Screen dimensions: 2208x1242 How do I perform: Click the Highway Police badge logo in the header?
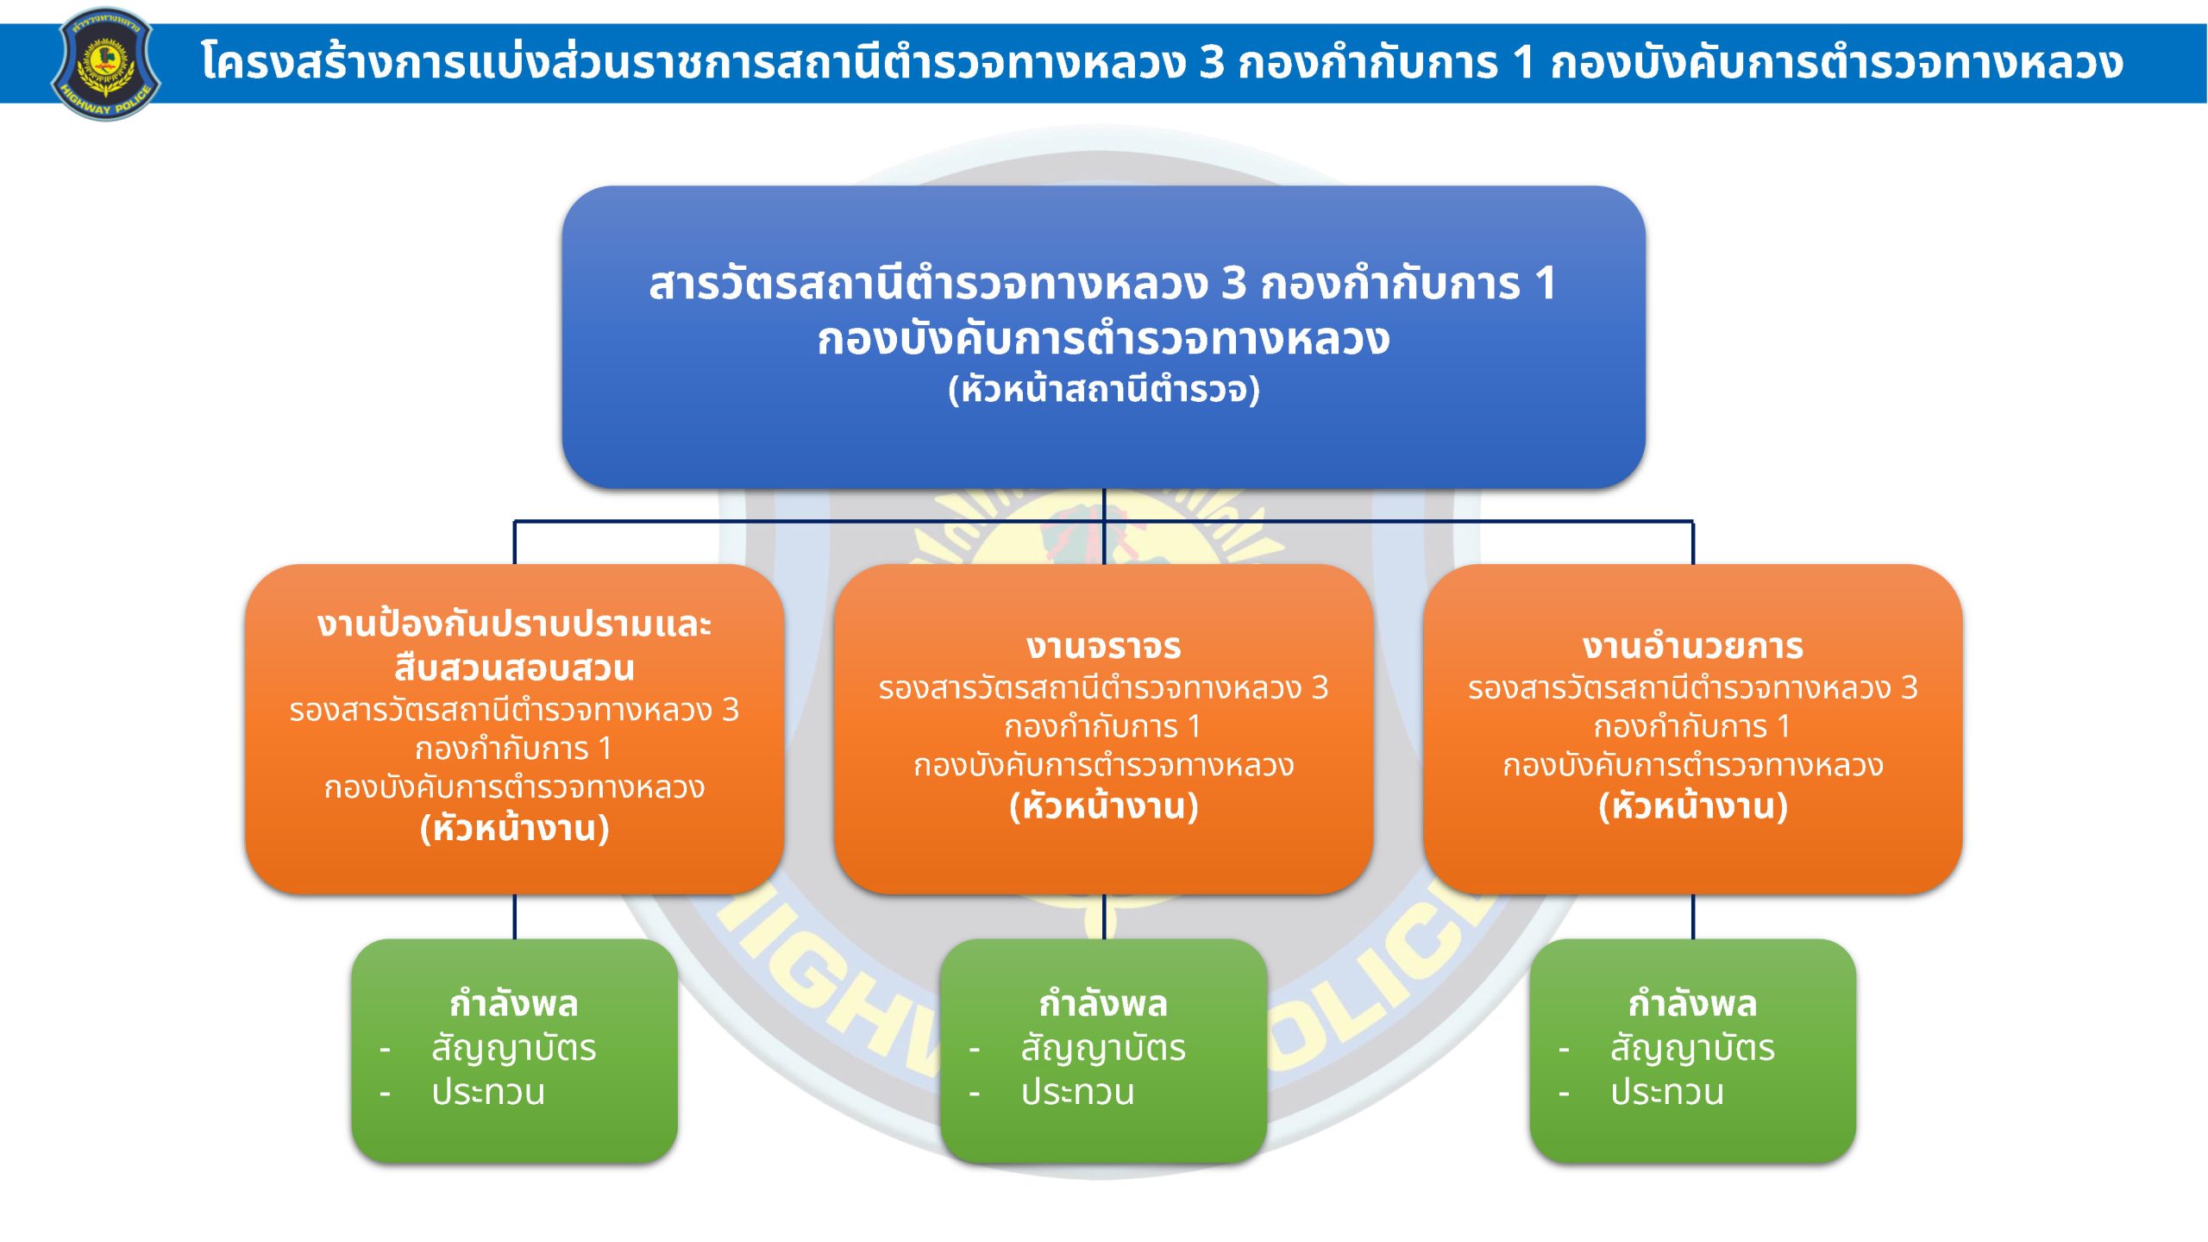(105, 64)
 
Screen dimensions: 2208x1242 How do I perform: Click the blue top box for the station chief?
(1103, 337)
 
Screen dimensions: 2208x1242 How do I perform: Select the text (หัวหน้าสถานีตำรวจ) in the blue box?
(1104, 389)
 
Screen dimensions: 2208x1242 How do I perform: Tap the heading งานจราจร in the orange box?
(1103, 646)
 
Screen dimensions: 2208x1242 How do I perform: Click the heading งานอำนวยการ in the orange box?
(1692, 646)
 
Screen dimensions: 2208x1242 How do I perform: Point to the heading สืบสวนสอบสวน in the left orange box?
(514, 668)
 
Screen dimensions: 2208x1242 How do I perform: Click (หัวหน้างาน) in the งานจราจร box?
(1103, 806)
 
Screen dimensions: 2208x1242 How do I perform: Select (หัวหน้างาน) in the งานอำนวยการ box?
(1692, 806)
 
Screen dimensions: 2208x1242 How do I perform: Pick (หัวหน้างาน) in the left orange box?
(514, 828)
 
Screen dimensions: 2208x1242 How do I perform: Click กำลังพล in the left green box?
(514, 1003)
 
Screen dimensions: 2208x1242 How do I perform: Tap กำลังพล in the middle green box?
(1103, 1003)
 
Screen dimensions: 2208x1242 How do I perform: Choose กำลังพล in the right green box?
(1692, 1003)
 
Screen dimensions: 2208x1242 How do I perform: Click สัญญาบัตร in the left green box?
(514, 1049)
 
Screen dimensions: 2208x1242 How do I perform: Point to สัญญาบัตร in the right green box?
(1692, 1049)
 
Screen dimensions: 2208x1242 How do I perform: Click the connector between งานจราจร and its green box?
(1103, 916)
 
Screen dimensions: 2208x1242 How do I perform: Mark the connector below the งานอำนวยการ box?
(1692, 916)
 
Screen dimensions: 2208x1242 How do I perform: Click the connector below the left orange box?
(514, 916)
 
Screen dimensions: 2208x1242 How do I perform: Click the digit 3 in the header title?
(1212, 62)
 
